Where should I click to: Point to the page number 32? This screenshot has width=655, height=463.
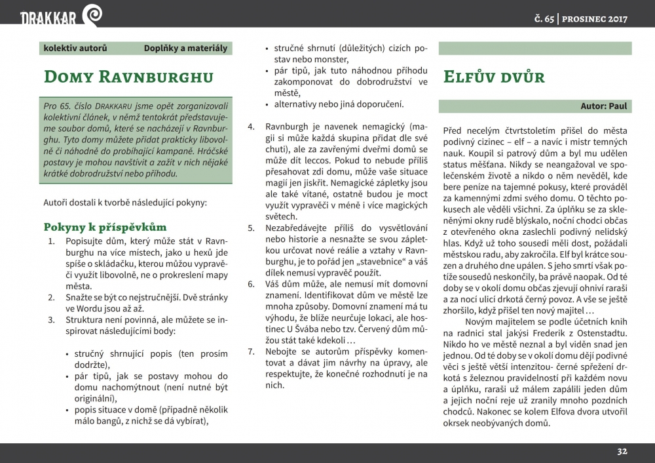(x=622, y=451)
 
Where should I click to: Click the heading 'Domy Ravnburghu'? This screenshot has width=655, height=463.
(x=128, y=77)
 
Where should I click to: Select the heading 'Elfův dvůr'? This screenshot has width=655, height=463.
(x=494, y=77)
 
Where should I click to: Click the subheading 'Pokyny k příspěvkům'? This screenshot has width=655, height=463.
(x=105, y=227)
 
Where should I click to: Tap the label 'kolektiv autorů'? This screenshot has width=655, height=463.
(x=75, y=48)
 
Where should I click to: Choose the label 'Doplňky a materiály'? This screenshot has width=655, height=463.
(x=186, y=48)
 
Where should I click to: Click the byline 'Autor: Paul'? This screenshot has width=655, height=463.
(x=604, y=106)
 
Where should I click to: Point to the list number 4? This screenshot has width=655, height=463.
(x=250, y=125)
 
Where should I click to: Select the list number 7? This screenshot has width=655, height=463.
(x=250, y=351)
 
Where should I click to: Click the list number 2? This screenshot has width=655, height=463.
(x=52, y=297)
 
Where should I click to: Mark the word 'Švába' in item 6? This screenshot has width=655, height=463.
(x=323, y=329)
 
